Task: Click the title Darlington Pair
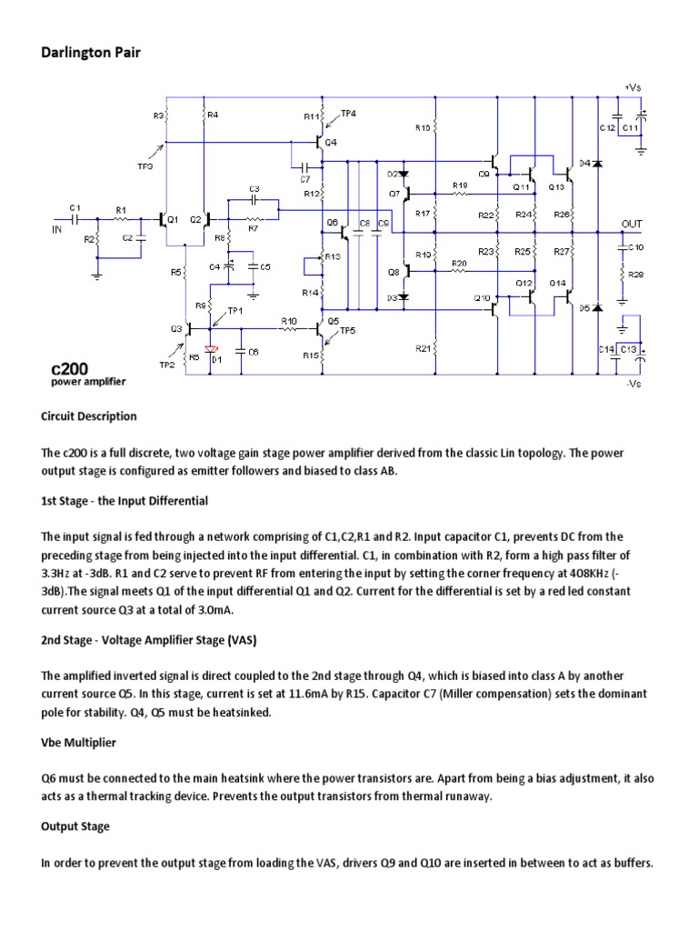click(x=91, y=53)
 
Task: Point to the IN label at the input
click(x=56, y=230)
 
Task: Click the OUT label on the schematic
click(x=632, y=223)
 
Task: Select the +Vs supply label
click(x=632, y=87)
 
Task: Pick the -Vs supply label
click(x=633, y=383)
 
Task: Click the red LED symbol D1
click(x=213, y=349)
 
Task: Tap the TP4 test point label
click(x=348, y=113)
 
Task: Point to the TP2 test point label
click(x=166, y=365)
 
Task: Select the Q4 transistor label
click(x=331, y=143)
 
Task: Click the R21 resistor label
click(x=423, y=348)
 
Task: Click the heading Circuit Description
click(x=89, y=416)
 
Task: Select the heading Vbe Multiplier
click(x=79, y=743)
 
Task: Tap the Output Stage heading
click(x=75, y=826)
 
